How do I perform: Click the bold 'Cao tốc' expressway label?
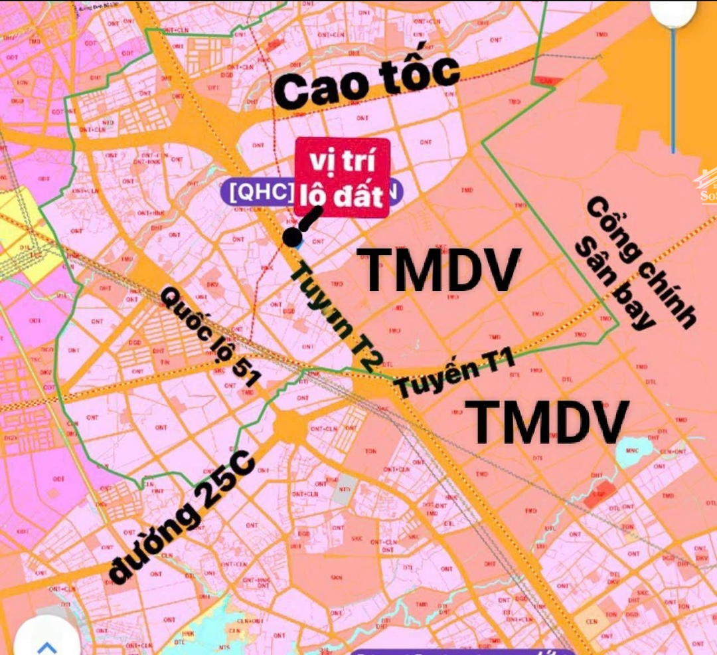click(x=366, y=82)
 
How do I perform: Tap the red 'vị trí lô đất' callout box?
click(x=342, y=177)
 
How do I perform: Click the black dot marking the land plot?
click(x=291, y=236)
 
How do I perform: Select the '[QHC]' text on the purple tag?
click(x=261, y=192)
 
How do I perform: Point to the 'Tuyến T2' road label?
click(x=335, y=315)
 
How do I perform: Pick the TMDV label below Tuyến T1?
click(x=550, y=421)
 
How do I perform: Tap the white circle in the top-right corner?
click(x=673, y=12)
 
